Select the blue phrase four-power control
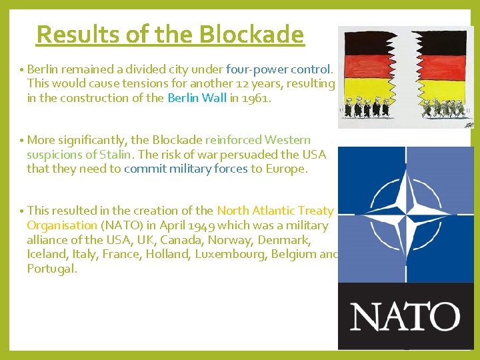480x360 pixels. pos(278,69)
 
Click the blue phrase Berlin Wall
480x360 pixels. pos(197,98)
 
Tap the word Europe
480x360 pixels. pos(285,169)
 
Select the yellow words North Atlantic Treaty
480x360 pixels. pos(275,211)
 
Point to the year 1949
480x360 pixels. pos(199,226)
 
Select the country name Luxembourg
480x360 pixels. pos(231,255)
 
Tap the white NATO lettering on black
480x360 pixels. pos(405,317)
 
